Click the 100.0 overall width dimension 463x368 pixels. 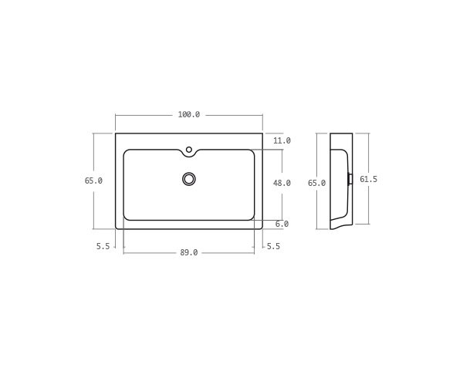(x=189, y=114)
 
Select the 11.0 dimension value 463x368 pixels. (x=282, y=140)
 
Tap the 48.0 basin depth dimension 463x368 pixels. (x=282, y=184)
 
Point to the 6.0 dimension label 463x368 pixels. (x=282, y=224)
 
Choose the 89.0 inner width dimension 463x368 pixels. (x=189, y=252)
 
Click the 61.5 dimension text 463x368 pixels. (x=368, y=179)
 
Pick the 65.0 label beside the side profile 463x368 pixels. (x=316, y=183)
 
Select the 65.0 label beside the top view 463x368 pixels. (x=93, y=181)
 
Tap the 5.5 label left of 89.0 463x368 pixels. (x=103, y=246)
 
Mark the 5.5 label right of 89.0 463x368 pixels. (x=272, y=246)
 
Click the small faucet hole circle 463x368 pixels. (x=189, y=150)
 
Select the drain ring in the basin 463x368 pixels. (x=189, y=179)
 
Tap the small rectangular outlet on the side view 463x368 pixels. (x=350, y=179)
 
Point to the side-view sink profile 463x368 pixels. (x=340, y=181)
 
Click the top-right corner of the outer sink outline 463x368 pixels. (x=262, y=133)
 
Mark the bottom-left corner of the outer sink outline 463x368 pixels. (x=117, y=228)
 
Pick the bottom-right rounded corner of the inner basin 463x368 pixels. (x=252, y=218)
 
